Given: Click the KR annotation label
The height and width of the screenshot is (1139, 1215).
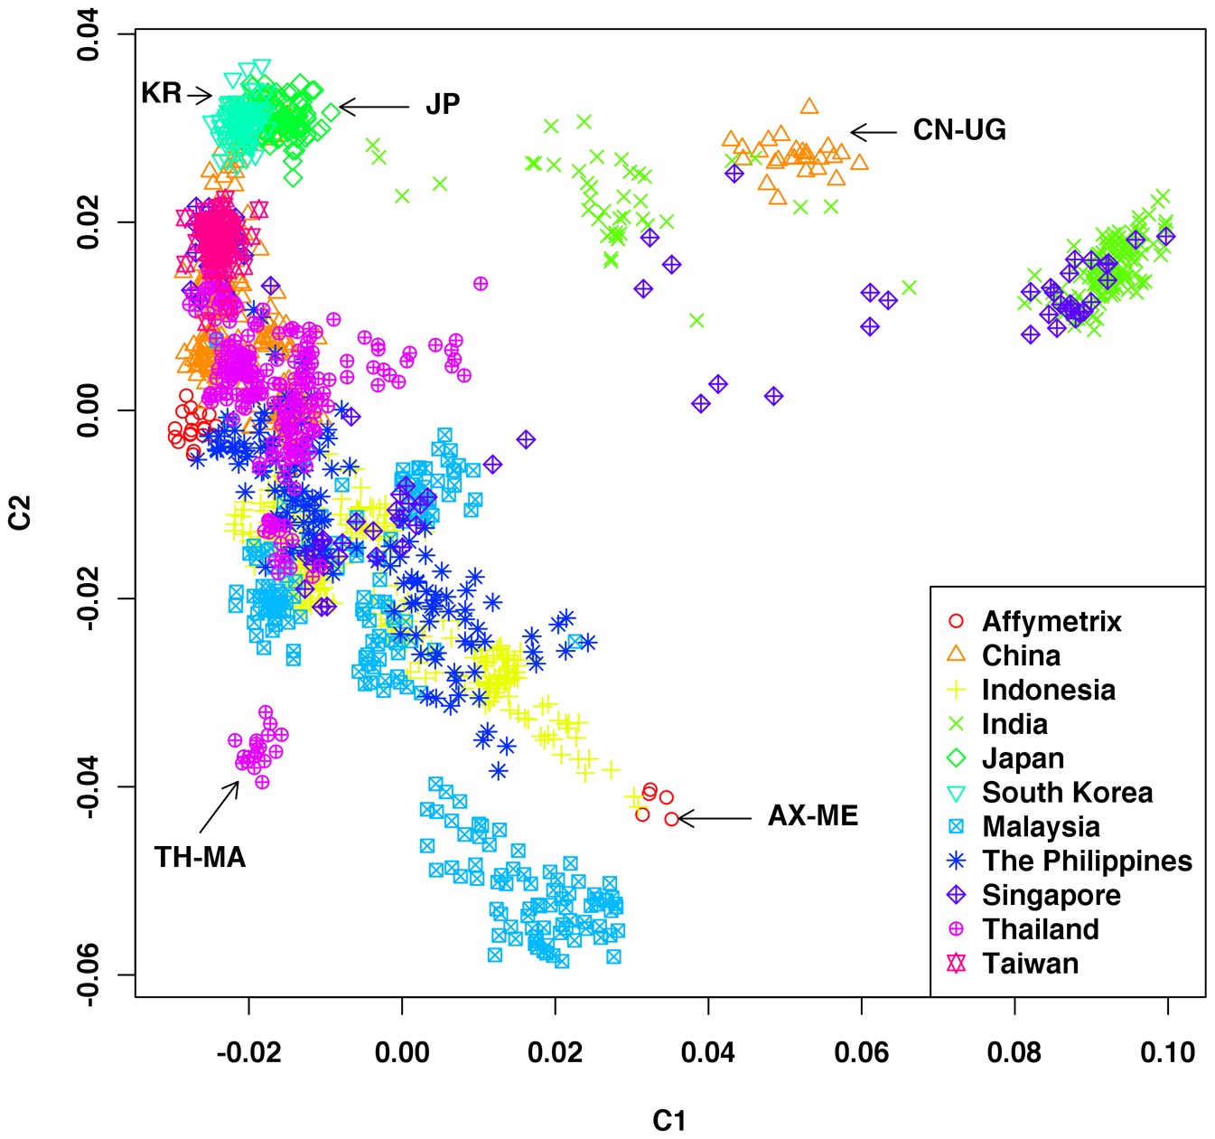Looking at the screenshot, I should (162, 93).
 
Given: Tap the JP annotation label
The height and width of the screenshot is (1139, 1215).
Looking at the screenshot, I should (443, 105).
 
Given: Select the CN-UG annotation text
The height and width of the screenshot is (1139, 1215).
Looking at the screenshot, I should (959, 130).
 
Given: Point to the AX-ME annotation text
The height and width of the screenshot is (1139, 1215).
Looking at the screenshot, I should (813, 816).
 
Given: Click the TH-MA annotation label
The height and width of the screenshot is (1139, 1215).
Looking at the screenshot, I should (200, 857).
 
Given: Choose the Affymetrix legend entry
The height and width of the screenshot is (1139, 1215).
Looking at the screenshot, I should (1051, 622).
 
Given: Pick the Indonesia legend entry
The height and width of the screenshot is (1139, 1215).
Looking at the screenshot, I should (1048, 690).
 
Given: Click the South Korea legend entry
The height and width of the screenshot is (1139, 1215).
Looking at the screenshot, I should (1067, 793).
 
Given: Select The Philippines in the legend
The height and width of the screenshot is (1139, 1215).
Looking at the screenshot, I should (1087, 861).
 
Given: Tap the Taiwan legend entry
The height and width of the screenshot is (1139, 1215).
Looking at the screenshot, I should (1030, 964).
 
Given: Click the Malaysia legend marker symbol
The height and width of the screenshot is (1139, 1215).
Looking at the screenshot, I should (956, 826).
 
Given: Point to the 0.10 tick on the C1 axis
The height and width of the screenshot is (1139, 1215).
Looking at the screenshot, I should (1168, 1053).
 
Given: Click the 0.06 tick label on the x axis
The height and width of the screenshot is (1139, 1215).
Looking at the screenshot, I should (862, 1053).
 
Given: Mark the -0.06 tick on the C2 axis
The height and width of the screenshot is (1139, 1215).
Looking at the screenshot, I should (89, 975).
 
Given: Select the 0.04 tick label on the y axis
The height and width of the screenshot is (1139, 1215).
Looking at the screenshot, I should (89, 34).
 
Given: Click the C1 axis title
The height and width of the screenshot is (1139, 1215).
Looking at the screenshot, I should (669, 1121).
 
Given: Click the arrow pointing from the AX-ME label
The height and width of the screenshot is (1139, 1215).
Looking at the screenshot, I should (714, 819).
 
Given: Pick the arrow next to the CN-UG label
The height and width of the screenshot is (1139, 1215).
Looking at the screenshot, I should (874, 133).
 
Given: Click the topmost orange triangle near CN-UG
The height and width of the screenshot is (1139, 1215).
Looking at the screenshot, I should (809, 107).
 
